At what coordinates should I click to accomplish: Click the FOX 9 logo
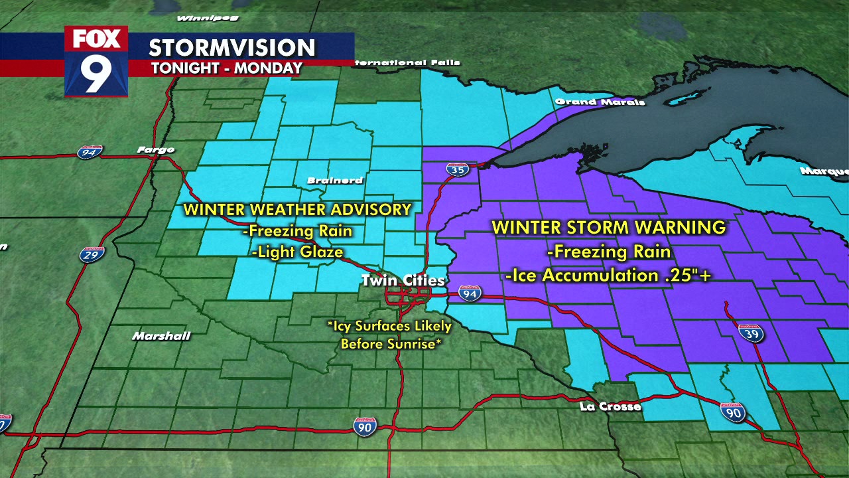pos(96,61)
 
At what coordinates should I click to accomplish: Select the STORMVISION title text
pos(231,48)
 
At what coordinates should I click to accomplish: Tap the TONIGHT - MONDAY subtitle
pos(226,68)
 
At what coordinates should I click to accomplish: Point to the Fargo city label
pos(155,150)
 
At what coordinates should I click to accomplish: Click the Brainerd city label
pos(335,181)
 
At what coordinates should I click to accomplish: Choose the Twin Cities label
pos(403,281)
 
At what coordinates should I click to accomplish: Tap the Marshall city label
pos(161,336)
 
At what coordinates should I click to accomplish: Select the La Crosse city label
pos(610,406)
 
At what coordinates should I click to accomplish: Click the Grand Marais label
pos(600,102)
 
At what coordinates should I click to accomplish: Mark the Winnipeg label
pos(208,18)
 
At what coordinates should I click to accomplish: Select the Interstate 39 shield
pos(750,333)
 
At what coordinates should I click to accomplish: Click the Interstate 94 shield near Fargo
pos(89,152)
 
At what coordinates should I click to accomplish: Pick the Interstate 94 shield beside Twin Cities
pos(470,293)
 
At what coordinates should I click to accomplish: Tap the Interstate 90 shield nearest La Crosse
pos(732,412)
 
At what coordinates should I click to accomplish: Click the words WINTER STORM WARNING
pos(608,228)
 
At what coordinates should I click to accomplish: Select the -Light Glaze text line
pos(298,252)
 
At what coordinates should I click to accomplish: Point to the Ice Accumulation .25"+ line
pos(608,275)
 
